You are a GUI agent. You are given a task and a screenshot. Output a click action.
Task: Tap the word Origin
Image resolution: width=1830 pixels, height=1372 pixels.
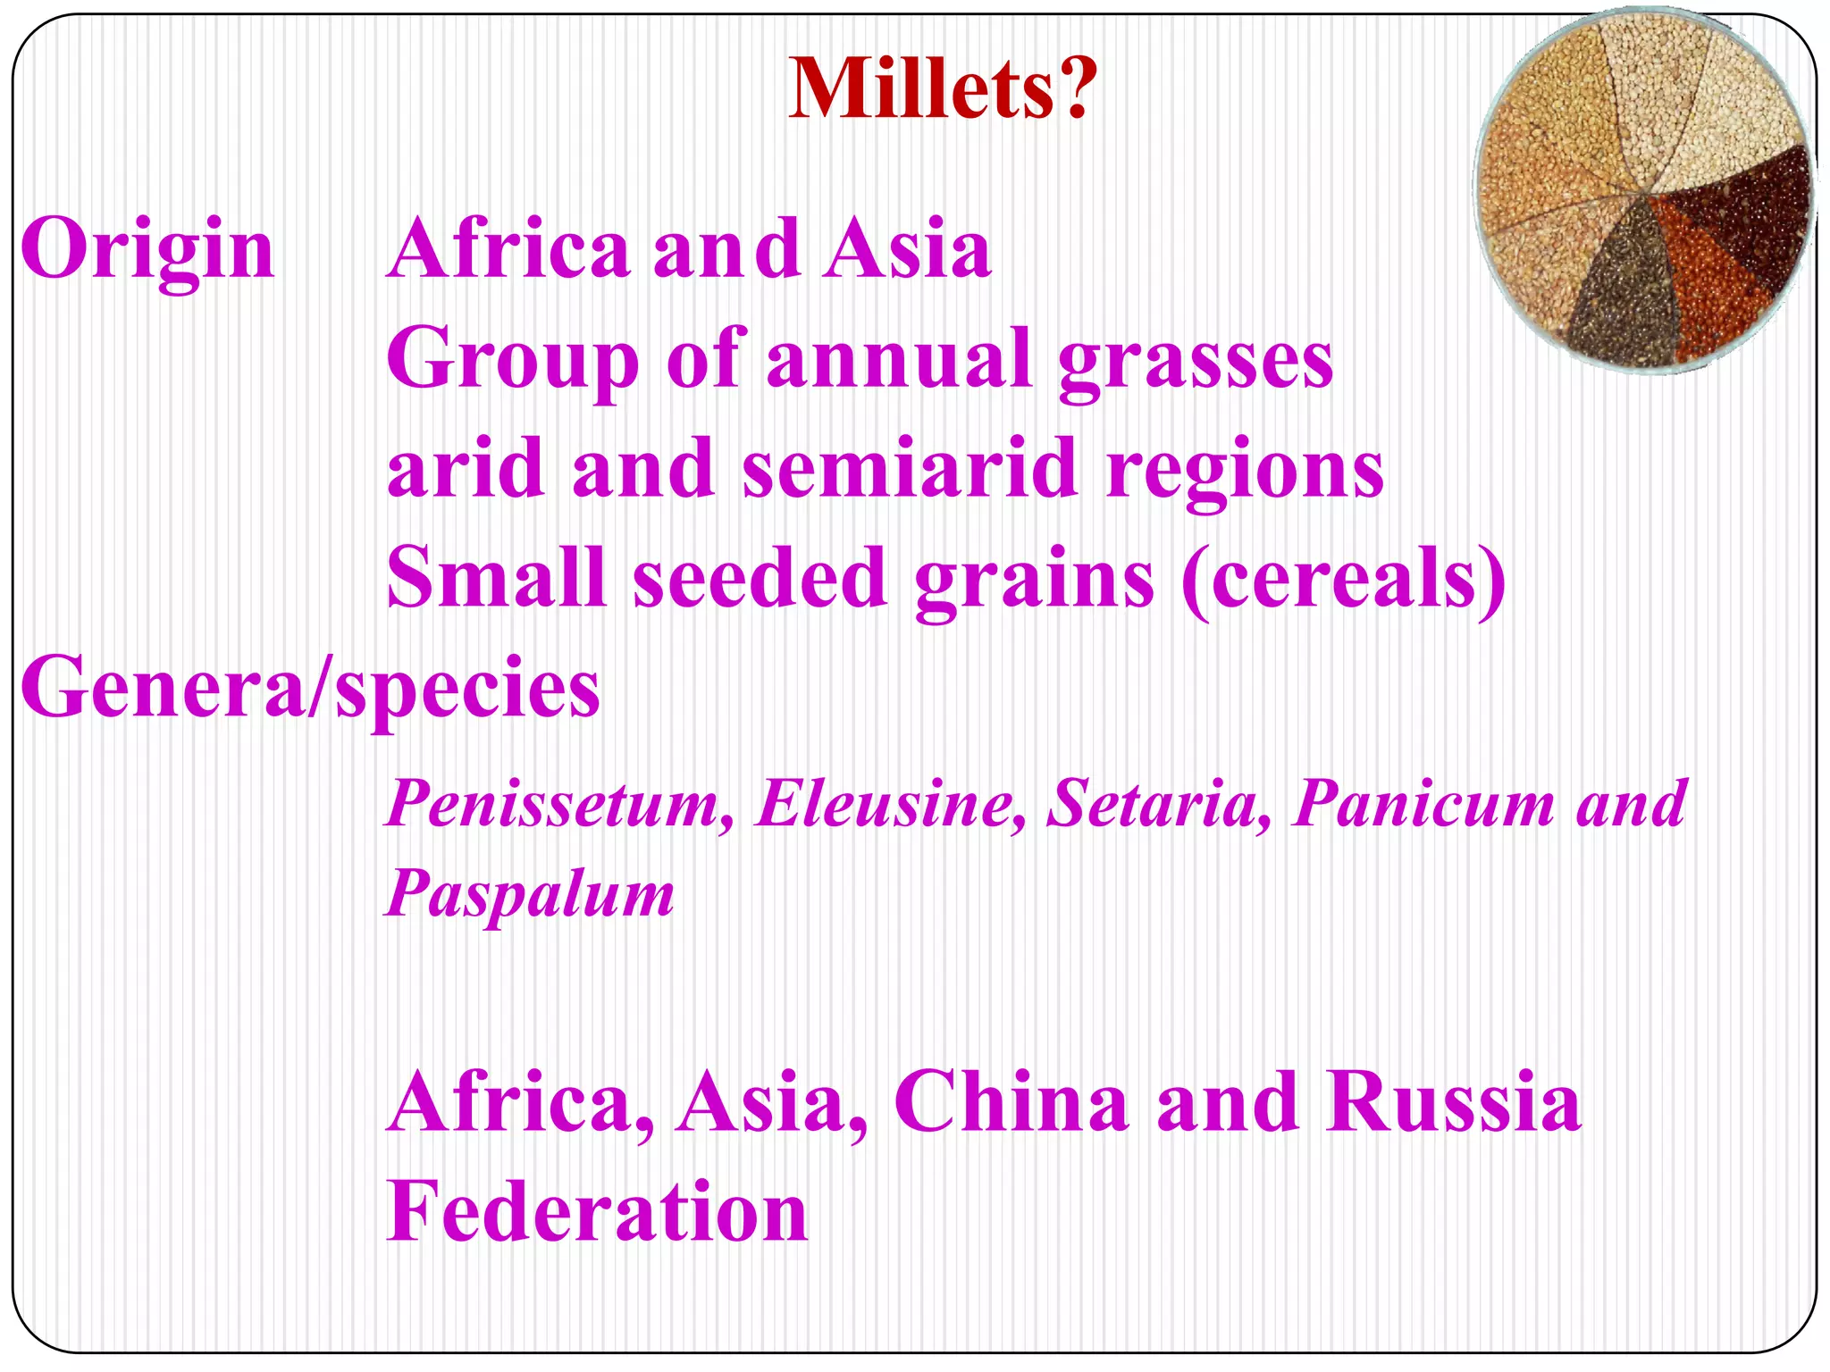click(x=147, y=250)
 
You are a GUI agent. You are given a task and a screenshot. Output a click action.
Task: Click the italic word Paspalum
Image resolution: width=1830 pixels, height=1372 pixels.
click(x=530, y=894)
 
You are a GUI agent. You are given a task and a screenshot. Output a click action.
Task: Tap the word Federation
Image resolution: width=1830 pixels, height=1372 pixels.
click(x=597, y=1212)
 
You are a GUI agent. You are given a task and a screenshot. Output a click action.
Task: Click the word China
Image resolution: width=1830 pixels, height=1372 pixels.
click(x=1012, y=1103)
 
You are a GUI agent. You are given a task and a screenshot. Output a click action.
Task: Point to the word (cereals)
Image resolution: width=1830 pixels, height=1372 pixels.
click(x=1343, y=579)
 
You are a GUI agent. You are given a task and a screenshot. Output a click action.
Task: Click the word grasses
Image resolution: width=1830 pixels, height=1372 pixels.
click(x=1196, y=360)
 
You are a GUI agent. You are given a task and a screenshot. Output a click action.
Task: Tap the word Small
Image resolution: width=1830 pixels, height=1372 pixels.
click(x=496, y=579)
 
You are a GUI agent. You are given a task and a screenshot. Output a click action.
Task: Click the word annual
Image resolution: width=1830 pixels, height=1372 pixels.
click(x=899, y=360)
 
